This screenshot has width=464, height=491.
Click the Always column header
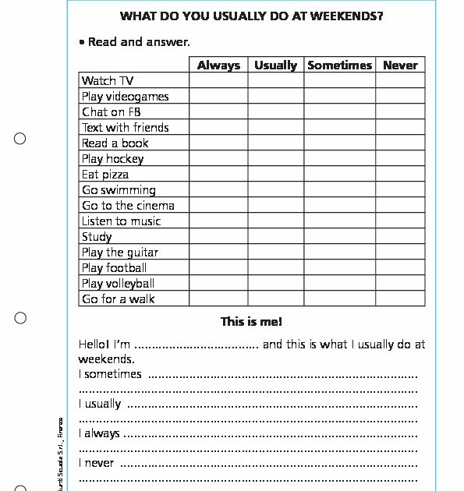(x=218, y=65)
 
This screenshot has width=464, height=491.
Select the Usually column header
(x=275, y=65)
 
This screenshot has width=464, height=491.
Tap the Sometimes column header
(x=339, y=65)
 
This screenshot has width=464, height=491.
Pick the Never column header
(x=400, y=65)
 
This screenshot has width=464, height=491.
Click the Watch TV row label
(x=108, y=81)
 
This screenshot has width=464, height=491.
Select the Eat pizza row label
(x=105, y=175)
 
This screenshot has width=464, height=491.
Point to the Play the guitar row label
(x=120, y=253)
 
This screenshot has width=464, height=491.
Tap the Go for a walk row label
(x=119, y=299)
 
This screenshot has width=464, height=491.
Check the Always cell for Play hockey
(x=218, y=159)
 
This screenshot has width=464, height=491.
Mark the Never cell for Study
(x=400, y=237)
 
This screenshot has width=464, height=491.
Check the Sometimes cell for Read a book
(x=339, y=143)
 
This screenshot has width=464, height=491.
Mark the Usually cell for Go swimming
(x=275, y=190)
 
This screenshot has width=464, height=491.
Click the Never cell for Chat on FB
(x=400, y=112)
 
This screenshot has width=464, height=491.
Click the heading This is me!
(x=251, y=322)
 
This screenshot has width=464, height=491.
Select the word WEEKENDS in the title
(x=347, y=16)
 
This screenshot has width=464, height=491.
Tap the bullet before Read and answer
(x=82, y=42)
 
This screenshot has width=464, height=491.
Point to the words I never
(x=96, y=463)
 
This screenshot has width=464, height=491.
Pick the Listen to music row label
(x=121, y=221)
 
